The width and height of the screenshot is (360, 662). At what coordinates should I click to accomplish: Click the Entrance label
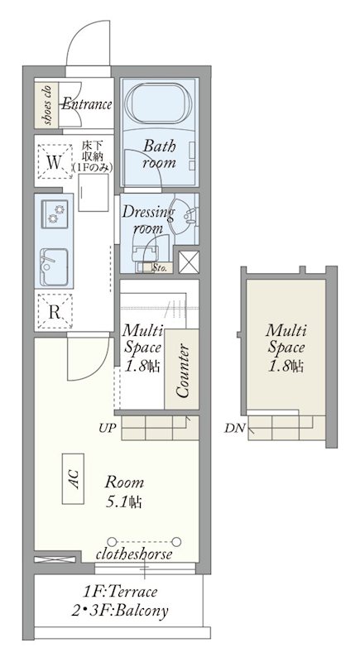click(x=87, y=104)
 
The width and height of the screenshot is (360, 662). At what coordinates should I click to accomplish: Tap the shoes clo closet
click(x=46, y=105)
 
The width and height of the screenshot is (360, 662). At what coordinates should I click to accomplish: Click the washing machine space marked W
click(x=55, y=162)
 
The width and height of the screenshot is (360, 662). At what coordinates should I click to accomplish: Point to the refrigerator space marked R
click(x=55, y=313)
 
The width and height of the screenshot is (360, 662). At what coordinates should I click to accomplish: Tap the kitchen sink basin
click(x=54, y=266)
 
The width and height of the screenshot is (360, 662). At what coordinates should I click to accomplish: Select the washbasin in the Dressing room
click(x=183, y=216)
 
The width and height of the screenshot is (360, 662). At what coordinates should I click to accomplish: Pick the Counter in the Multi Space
click(x=181, y=369)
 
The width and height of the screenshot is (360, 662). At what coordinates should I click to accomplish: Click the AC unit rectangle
click(x=73, y=479)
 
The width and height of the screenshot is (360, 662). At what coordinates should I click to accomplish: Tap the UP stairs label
click(x=108, y=428)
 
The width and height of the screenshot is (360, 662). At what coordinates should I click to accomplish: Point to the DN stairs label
click(x=235, y=429)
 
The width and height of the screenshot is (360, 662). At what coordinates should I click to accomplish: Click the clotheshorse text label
click(x=134, y=554)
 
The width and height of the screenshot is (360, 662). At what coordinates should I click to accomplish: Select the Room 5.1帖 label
click(x=124, y=492)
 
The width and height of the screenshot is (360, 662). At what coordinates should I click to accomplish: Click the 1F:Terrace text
click(x=120, y=592)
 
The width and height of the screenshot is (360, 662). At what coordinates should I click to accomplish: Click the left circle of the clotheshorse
click(x=112, y=541)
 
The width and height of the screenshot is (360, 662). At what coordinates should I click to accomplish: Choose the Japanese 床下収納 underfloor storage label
click(x=92, y=157)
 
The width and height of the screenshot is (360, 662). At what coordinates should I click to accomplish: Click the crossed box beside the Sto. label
click(x=189, y=262)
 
